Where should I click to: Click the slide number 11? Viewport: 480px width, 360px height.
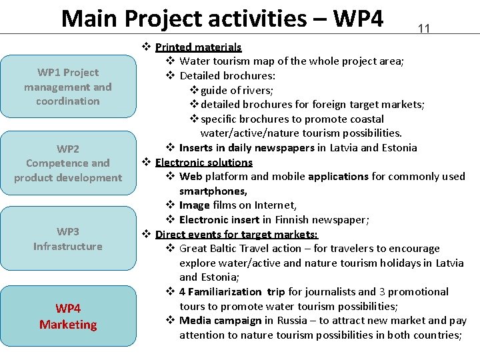pos(423,28)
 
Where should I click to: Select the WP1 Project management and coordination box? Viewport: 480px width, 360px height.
pos(67,87)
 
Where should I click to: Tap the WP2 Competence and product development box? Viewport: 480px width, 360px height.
pos(67,163)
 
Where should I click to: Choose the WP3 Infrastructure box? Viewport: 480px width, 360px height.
pos(67,239)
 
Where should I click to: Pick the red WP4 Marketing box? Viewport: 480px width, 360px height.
pos(67,316)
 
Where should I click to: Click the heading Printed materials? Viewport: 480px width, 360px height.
pos(198,47)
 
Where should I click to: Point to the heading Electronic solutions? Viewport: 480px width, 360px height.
pos(203,162)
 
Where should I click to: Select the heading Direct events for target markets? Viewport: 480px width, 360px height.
pos(237,234)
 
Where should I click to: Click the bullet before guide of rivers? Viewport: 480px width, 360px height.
pos(195,90)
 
